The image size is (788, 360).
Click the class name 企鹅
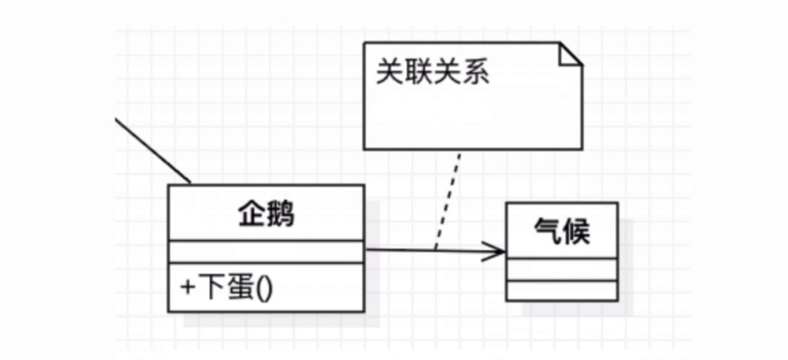click(266, 213)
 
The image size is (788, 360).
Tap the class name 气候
click(560, 231)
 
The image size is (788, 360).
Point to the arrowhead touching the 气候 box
click(496, 252)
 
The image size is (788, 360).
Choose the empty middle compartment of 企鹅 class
click(266, 252)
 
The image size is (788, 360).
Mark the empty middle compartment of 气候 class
click(560, 269)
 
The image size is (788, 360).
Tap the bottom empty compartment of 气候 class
click(560, 290)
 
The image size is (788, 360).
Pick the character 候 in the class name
click(575, 231)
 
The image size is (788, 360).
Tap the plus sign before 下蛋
click(187, 288)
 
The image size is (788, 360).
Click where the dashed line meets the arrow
click(434, 251)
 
